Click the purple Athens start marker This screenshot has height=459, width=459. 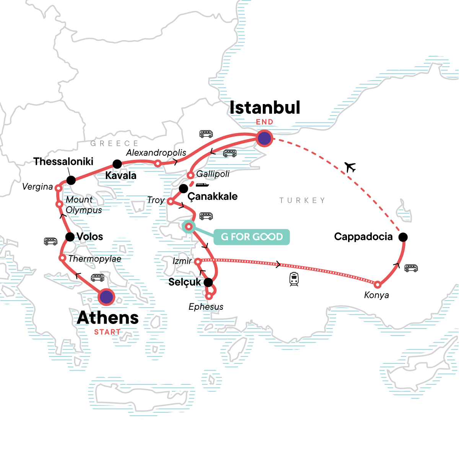tap(106, 297)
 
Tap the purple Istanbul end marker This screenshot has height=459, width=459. tap(264, 138)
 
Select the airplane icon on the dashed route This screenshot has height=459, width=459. tap(350, 167)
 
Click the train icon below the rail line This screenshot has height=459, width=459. tap(294, 279)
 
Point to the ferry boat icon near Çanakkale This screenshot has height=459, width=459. tap(202, 185)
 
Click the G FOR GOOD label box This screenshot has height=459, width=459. tap(251, 237)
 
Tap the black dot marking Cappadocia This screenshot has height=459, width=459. tap(403, 237)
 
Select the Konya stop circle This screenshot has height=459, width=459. tap(377, 285)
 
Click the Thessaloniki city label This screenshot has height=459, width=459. tap(63, 161)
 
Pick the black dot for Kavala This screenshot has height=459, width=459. tap(117, 164)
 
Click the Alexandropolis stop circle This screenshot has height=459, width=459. tap(157, 163)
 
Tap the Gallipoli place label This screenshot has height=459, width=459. tap(213, 174)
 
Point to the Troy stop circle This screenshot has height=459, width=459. tap(171, 201)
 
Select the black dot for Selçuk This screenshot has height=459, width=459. tap(208, 283)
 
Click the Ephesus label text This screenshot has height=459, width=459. tap(206, 307)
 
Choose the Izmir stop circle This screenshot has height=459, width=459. tap(197, 262)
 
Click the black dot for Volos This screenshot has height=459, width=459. tap(70, 237)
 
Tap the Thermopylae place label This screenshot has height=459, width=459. tap(94, 259)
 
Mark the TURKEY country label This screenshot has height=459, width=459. tap(302, 200)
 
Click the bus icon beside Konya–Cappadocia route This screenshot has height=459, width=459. tap(411, 268)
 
